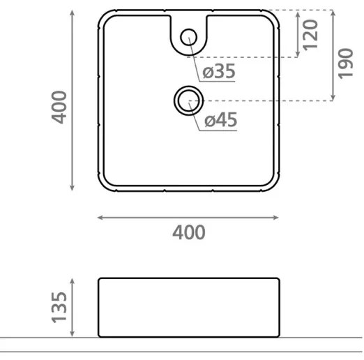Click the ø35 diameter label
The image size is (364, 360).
click(x=219, y=72)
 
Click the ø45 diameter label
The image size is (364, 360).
click(x=221, y=121)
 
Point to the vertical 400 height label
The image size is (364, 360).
click(x=61, y=107)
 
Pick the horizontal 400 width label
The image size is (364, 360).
click(x=189, y=232)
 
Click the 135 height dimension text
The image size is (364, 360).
click(x=61, y=307)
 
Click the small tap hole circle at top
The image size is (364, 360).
click(x=188, y=37)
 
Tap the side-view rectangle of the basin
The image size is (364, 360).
click(x=189, y=308)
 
